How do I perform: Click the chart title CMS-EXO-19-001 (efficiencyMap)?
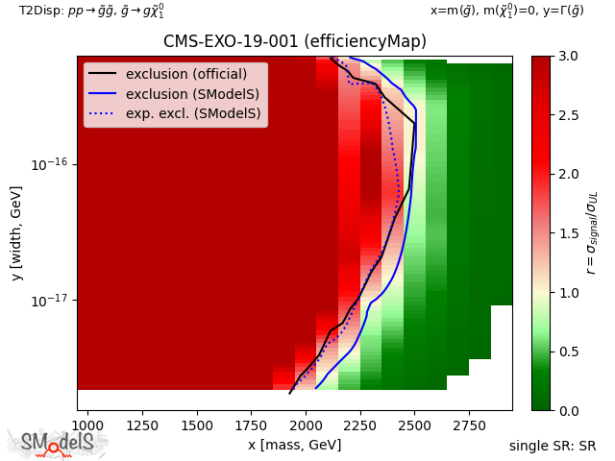294,41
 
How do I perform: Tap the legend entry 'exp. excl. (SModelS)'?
193,113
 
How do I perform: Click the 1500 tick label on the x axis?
197,425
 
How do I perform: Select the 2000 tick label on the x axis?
306,425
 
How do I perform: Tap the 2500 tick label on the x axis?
414,425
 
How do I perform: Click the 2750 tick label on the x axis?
469,425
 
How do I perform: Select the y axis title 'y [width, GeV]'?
16,233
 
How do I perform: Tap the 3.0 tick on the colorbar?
567,56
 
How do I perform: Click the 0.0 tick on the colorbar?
567,411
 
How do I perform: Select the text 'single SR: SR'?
553,447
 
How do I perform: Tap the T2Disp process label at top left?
91,11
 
